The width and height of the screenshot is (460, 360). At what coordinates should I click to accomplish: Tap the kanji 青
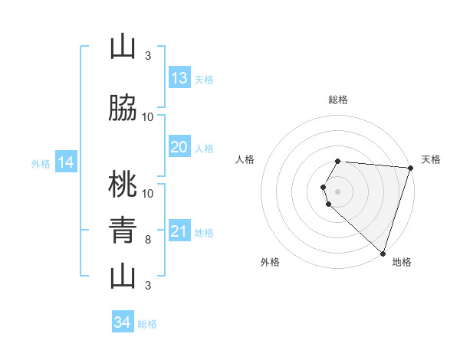tap(123, 229)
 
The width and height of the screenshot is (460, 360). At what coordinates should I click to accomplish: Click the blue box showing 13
tap(179, 78)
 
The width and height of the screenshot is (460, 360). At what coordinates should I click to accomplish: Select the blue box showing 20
tap(179, 147)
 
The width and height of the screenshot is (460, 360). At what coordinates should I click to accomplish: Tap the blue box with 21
tap(179, 232)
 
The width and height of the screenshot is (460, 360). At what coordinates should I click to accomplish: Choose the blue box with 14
tap(66, 162)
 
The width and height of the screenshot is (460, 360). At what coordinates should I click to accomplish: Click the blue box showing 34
tap(123, 323)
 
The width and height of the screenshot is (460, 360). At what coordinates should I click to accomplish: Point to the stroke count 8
tap(148, 240)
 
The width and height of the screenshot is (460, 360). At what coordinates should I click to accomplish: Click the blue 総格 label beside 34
tap(147, 324)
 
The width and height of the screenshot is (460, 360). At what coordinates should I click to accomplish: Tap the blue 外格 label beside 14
tap(40, 163)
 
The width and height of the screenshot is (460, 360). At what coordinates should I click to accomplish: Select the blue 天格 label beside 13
tap(203, 79)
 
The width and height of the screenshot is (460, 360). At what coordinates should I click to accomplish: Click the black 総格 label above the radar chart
tap(338, 100)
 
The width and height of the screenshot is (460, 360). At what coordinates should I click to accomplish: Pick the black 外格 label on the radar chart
tap(270, 262)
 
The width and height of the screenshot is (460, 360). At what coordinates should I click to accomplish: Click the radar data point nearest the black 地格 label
tap(383, 254)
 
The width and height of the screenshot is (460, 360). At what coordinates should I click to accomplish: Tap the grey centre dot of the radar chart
tap(338, 191)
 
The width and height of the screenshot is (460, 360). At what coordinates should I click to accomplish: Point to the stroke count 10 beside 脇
tap(148, 117)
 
